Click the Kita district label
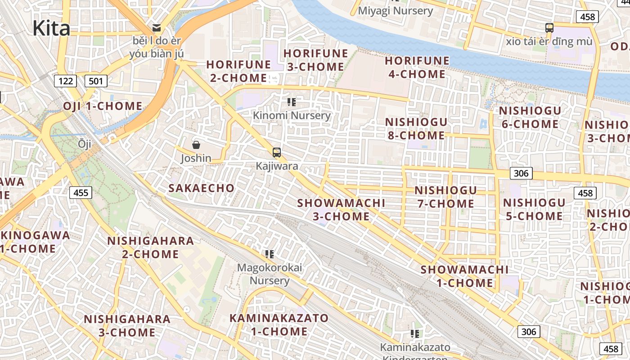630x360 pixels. (51, 28)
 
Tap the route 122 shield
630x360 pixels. (65, 81)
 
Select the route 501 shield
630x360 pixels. (95, 81)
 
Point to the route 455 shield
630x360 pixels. (81, 193)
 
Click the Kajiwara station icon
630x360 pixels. (277, 153)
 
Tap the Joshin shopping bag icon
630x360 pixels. (196, 145)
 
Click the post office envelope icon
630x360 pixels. (157, 28)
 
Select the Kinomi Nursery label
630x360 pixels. (292, 115)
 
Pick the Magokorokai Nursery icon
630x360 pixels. (270, 254)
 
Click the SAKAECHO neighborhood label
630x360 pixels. (202, 188)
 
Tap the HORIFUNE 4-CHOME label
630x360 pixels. (417, 67)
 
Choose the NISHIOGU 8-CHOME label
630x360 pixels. (416, 129)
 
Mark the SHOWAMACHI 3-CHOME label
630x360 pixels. (341, 210)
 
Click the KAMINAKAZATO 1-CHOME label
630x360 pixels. (279, 325)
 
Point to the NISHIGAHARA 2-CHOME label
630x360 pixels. (150, 247)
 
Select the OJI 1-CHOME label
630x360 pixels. (103, 106)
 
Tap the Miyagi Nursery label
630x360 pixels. (396, 11)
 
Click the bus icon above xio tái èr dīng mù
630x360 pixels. (549, 28)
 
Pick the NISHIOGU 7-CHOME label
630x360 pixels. (445, 197)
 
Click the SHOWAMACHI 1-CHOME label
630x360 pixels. (464, 276)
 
